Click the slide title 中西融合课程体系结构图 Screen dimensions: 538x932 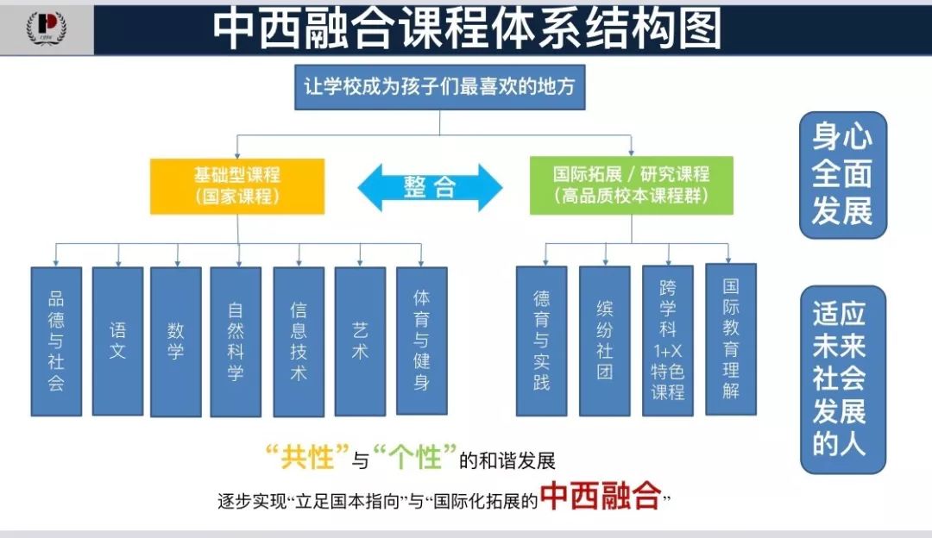click(466, 28)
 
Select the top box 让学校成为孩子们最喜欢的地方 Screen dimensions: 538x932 click(439, 87)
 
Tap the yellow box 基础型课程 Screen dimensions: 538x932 click(237, 185)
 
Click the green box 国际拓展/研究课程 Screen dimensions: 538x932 click(631, 185)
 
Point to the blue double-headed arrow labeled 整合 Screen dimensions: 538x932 click(430, 187)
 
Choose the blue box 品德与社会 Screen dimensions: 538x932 click(56, 341)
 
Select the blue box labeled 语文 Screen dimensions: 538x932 click(117, 341)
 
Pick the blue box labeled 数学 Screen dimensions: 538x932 click(176, 341)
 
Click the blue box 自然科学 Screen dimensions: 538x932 click(236, 341)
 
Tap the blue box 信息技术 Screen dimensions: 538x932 click(299, 341)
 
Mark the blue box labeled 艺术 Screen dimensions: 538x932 click(360, 341)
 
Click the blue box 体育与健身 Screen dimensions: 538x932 click(421, 341)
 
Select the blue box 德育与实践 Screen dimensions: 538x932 click(541, 341)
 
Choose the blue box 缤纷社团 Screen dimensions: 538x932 click(604, 341)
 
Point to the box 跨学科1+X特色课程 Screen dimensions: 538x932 click(667, 341)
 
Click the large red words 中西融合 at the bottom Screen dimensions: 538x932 click(601, 497)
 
